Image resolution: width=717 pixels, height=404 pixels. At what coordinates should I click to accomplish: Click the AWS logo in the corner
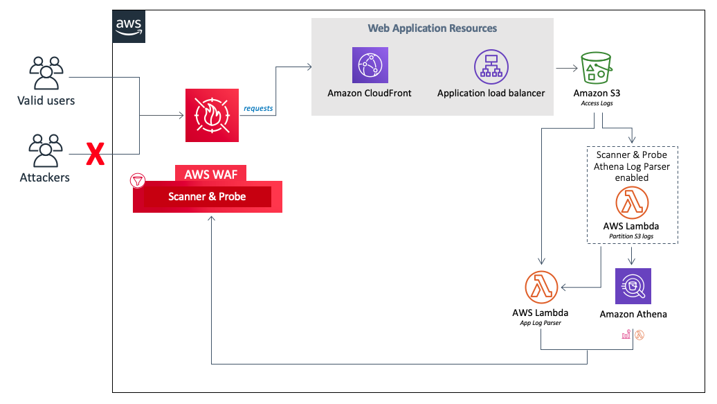coord(129,27)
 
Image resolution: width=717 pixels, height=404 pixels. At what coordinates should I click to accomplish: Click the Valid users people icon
coord(46,73)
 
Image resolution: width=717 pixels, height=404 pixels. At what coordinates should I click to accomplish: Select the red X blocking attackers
coord(95,154)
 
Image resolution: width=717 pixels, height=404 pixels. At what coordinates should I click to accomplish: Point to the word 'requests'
coord(258,108)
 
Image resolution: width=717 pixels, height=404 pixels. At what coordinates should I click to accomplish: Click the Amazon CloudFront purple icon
coord(370,66)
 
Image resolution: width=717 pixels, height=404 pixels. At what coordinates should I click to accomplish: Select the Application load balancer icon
coord(491,66)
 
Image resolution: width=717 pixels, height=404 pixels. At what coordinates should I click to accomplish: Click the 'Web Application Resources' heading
coord(432,28)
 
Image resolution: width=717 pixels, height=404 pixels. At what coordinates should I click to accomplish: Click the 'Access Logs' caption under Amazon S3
coord(597,103)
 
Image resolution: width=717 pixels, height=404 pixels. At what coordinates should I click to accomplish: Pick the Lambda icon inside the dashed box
coord(631,203)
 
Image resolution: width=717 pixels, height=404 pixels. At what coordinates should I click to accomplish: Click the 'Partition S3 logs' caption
coord(631,236)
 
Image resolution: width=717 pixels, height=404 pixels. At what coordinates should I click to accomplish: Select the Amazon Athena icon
coord(633,286)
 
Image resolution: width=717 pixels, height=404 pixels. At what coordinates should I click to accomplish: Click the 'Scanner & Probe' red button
coord(207,197)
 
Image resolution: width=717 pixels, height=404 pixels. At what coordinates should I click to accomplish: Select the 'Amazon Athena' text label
coord(633,314)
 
